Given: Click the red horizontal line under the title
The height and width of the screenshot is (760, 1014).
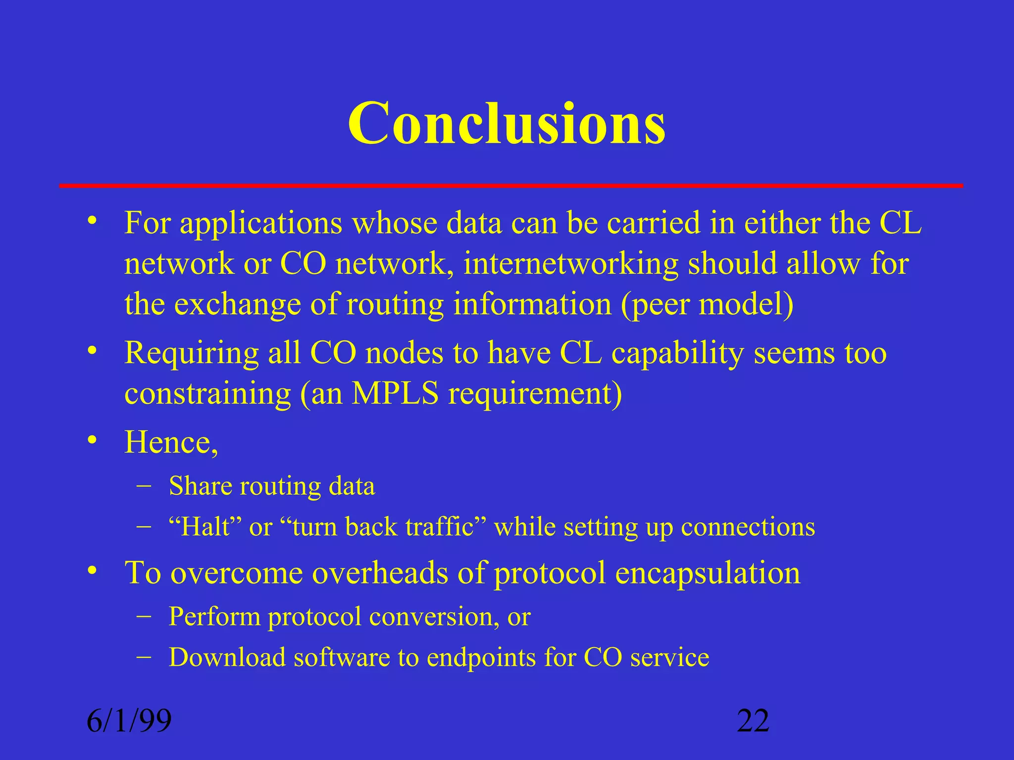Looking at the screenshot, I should pyautogui.click(x=510, y=186).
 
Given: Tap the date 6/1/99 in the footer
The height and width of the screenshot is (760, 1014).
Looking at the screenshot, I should pyautogui.click(x=129, y=721).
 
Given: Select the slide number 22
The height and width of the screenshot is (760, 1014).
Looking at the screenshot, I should pyautogui.click(x=753, y=721).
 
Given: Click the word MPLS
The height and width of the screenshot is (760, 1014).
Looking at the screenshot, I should pyautogui.click(x=395, y=394).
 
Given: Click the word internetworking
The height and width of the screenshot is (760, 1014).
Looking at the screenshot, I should pyautogui.click(x=570, y=263).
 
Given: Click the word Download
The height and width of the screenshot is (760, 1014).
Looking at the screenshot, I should pyautogui.click(x=227, y=657).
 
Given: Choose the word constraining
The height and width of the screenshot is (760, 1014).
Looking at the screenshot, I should pyautogui.click(x=207, y=394).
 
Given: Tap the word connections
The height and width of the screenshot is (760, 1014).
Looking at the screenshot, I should pyautogui.click(x=748, y=526).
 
